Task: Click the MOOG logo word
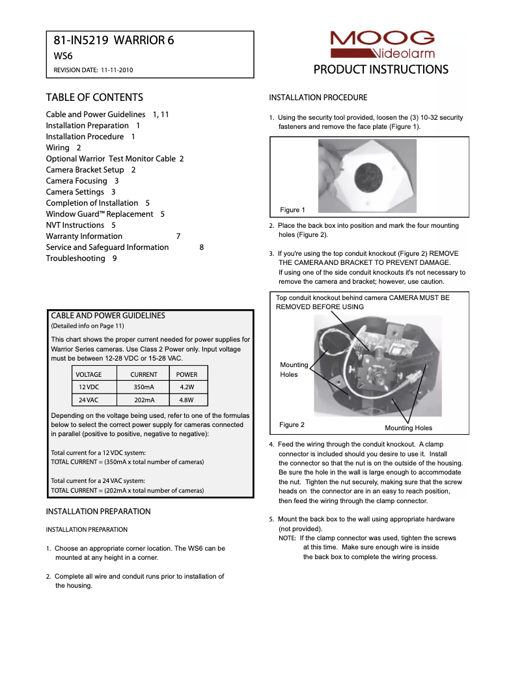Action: click(x=382, y=38)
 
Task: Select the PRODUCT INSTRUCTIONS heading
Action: click(x=381, y=70)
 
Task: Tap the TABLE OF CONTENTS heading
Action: click(x=94, y=98)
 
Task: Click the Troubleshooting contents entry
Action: click(x=76, y=258)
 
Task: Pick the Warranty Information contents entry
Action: click(x=84, y=236)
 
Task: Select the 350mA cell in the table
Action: click(x=143, y=387)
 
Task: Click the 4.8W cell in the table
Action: click(x=187, y=400)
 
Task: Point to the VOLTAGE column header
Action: click(x=89, y=374)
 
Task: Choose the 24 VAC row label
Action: click(x=89, y=400)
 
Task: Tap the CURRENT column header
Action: click(x=143, y=374)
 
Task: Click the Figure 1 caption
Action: click(x=292, y=210)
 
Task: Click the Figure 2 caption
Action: click(x=292, y=424)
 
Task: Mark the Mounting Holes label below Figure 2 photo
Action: click(x=408, y=428)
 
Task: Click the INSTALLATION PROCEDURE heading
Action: click(x=318, y=98)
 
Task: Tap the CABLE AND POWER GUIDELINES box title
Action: click(x=107, y=316)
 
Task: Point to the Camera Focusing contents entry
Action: click(x=77, y=181)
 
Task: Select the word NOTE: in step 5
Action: click(x=288, y=538)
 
